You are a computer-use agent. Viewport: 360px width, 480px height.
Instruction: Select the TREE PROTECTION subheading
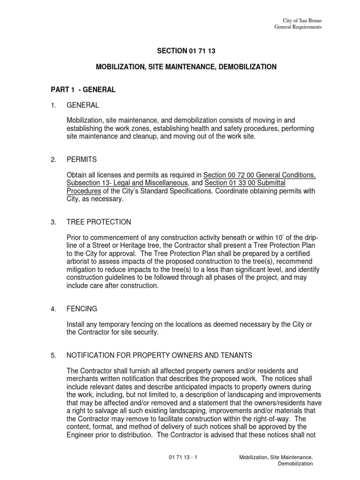pos(99,222)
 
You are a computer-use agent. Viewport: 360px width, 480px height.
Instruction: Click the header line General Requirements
pos(298,28)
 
